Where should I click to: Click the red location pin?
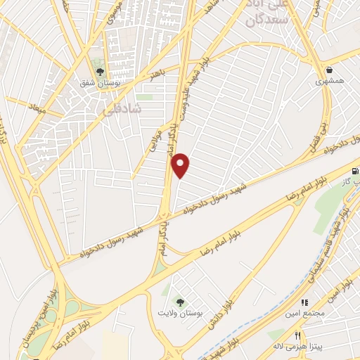[181, 165]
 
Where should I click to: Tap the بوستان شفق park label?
[98, 82]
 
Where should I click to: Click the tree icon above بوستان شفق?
[98, 72]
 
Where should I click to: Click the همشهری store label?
[330, 82]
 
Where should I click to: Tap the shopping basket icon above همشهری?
[330, 70]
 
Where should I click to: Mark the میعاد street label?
[36, 110]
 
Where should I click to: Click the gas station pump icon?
[354, 171]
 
